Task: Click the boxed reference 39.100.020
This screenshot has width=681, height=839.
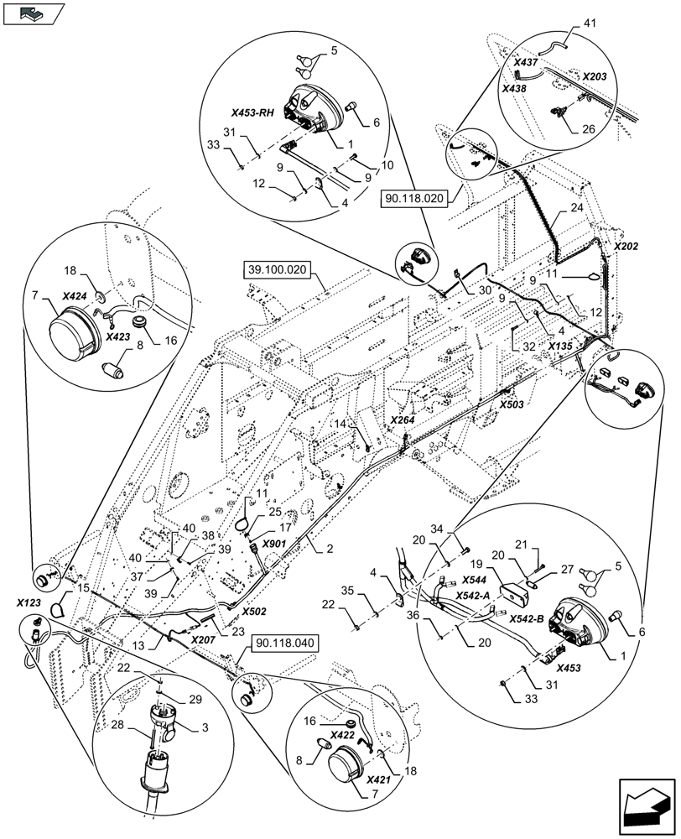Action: click(x=278, y=270)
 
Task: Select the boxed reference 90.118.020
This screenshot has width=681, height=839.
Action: click(x=415, y=198)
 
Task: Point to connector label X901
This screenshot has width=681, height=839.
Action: click(x=274, y=544)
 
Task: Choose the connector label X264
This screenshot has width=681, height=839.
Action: click(x=403, y=419)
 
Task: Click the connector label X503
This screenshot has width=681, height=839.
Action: click(x=512, y=404)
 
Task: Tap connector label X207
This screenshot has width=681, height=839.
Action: click(x=204, y=639)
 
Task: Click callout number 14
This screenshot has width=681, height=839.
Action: click(x=340, y=425)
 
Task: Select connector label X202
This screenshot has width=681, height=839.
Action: click(x=626, y=248)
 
